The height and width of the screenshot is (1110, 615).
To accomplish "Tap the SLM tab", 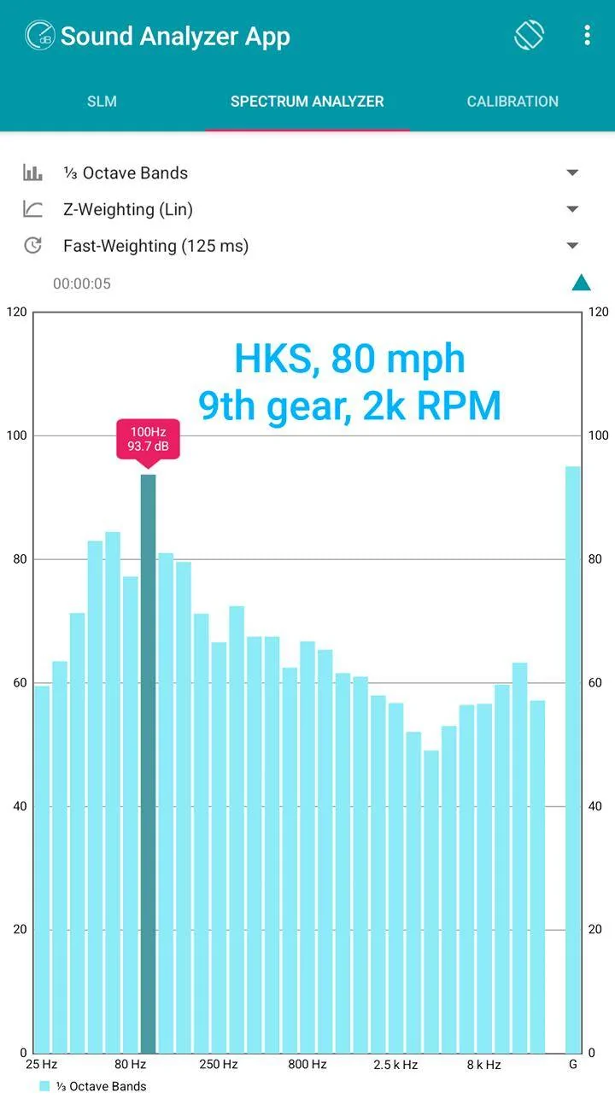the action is click(x=102, y=102).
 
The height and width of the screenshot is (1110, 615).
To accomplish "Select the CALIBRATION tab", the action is click(x=512, y=102).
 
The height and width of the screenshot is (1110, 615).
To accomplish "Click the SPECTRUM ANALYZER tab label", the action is click(x=307, y=102).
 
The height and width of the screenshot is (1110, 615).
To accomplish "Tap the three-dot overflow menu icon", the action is click(x=588, y=36).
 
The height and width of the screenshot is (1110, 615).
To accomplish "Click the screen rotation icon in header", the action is click(x=530, y=35).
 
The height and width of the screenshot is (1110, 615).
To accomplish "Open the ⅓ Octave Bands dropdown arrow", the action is click(x=572, y=172).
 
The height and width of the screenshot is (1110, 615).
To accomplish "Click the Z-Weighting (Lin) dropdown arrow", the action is click(x=572, y=209).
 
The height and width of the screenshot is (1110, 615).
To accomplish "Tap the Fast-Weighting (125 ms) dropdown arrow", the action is click(x=572, y=245).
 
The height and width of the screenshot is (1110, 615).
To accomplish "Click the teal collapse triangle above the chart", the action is click(x=582, y=283).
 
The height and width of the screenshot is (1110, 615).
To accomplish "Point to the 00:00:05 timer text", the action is click(x=82, y=283).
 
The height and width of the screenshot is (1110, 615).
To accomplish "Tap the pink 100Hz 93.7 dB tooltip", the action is click(x=148, y=439).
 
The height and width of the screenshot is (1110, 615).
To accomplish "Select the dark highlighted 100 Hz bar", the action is click(x=148, y=763).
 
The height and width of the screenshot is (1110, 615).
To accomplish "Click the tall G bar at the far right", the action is click(x=573, y=760).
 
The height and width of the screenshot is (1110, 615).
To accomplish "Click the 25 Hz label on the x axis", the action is click(x=42, y=1065).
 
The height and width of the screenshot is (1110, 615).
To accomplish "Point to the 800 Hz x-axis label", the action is click(x=307, y=1065).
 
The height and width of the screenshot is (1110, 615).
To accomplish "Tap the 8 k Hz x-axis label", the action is click(x=483, y=1065).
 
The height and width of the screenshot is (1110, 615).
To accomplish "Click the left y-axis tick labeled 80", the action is click(x=20, y=559).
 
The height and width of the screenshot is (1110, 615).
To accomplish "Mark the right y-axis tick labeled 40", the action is click(x=595, y=806).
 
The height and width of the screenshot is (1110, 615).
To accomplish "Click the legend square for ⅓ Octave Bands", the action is click(x=44, y=1086).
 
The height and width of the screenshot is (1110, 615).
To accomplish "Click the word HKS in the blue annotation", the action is click(x=273, y=359).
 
